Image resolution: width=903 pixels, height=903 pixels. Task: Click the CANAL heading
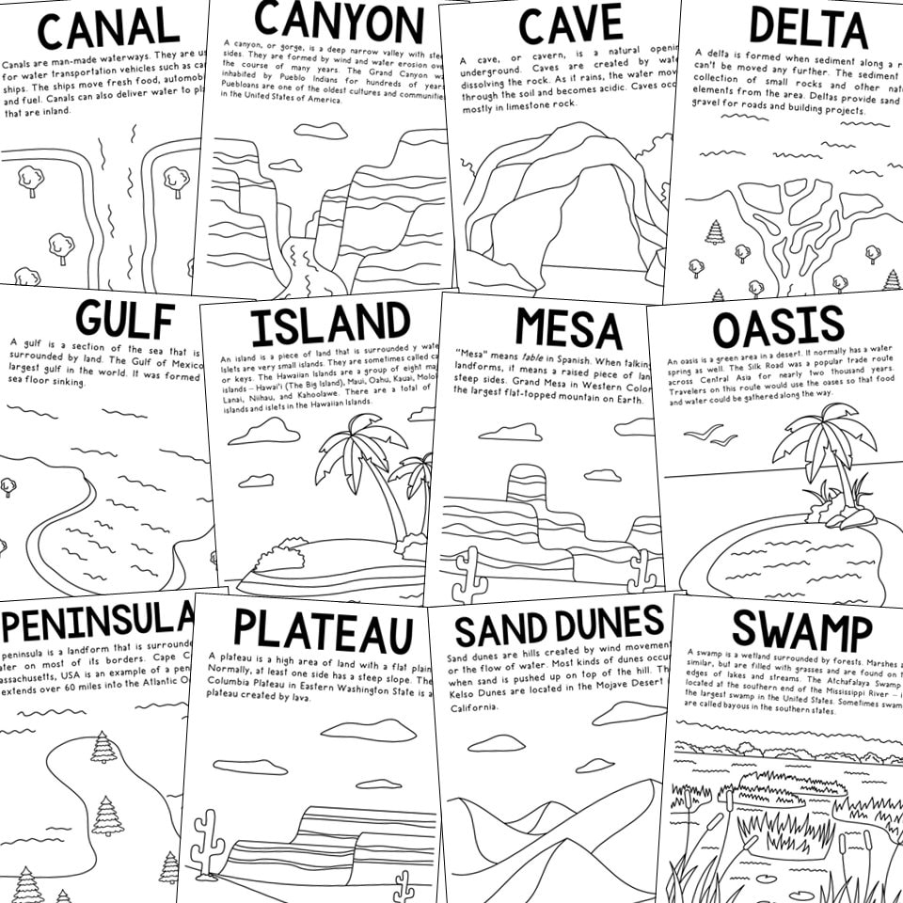tap(108, 29)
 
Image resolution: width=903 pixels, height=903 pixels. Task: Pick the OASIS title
tap(778, 327)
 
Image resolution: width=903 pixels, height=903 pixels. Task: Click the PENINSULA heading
tap(99, 619)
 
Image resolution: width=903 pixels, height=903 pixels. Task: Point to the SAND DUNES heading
tap(559, 623)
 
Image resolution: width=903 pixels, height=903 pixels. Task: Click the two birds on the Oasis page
tap(711, 434)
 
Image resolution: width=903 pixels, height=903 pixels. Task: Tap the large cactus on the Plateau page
tap(207, 843)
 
